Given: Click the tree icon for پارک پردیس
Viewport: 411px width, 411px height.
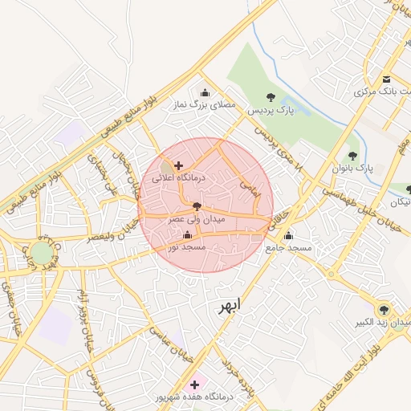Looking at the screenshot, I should (x=271, y=96).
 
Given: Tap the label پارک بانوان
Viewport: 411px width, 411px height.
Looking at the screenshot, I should (x=353, y=169).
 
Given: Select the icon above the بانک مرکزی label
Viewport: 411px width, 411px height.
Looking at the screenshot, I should (x=387, y=79).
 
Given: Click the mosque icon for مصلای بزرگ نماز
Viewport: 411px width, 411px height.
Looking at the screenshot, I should (x=205, y=92).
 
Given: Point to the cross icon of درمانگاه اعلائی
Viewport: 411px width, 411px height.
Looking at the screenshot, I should (x=178, y=165).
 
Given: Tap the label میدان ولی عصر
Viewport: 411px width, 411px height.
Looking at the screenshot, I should (x=197, y=218).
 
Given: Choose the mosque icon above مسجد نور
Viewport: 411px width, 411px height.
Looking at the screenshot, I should (x=188, y=235).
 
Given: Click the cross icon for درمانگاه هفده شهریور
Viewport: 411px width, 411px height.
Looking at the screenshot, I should (x=194, y=385).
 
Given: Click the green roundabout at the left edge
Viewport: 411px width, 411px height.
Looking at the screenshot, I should (x=41, y=254).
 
